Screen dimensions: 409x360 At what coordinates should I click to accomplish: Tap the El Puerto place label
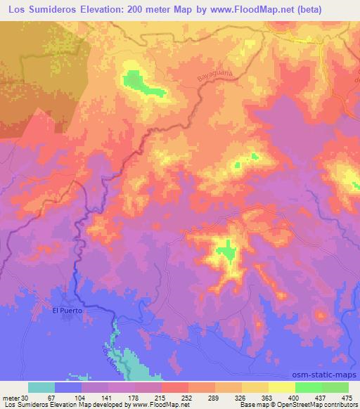pos(68,310)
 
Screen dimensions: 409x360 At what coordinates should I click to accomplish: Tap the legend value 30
pos(25,397)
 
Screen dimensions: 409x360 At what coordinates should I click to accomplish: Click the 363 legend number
pos(268,397)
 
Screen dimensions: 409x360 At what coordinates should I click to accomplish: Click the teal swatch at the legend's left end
pos(41,387)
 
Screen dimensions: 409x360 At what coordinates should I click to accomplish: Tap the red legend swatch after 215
pos(174,387)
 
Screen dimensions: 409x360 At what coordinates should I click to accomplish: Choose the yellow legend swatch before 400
pos(281,387)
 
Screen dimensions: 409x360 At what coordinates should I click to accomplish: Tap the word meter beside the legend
pos(11,397)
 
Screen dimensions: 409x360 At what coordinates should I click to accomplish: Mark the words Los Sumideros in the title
pos(41,9)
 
